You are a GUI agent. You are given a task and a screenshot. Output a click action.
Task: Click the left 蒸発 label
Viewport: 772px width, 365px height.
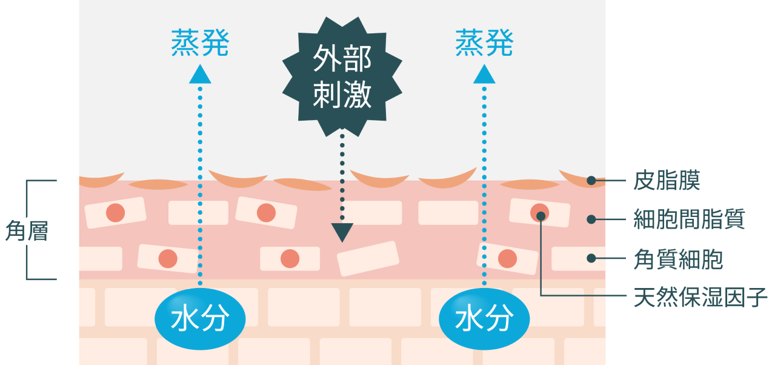coord(200,43)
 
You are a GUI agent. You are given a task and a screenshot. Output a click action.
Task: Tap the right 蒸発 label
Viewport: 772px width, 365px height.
coord(484,43)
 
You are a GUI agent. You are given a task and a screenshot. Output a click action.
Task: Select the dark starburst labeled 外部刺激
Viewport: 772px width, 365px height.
coord(342,76)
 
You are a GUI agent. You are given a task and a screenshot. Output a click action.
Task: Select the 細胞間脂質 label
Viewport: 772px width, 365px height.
coord(687,219)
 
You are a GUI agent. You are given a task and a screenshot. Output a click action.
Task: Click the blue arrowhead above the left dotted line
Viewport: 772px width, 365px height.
coord(200,75)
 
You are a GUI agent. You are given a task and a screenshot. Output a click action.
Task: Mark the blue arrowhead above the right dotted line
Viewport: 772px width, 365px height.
coord(484,75)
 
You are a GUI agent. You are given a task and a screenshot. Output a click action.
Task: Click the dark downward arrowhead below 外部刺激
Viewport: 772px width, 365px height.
coord(342,232)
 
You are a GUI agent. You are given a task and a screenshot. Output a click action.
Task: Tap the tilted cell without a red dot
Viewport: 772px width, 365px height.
coord(368,258)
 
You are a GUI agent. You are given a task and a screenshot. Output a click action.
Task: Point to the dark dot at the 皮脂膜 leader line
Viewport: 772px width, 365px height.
coord(591,180)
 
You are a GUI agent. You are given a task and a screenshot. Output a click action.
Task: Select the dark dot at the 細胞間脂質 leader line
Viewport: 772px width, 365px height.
coord(591,219)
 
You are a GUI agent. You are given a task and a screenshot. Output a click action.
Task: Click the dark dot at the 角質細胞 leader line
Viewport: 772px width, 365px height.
coord(591,258)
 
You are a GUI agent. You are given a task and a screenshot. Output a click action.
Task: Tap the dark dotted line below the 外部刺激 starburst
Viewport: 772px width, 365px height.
coord(342,176)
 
